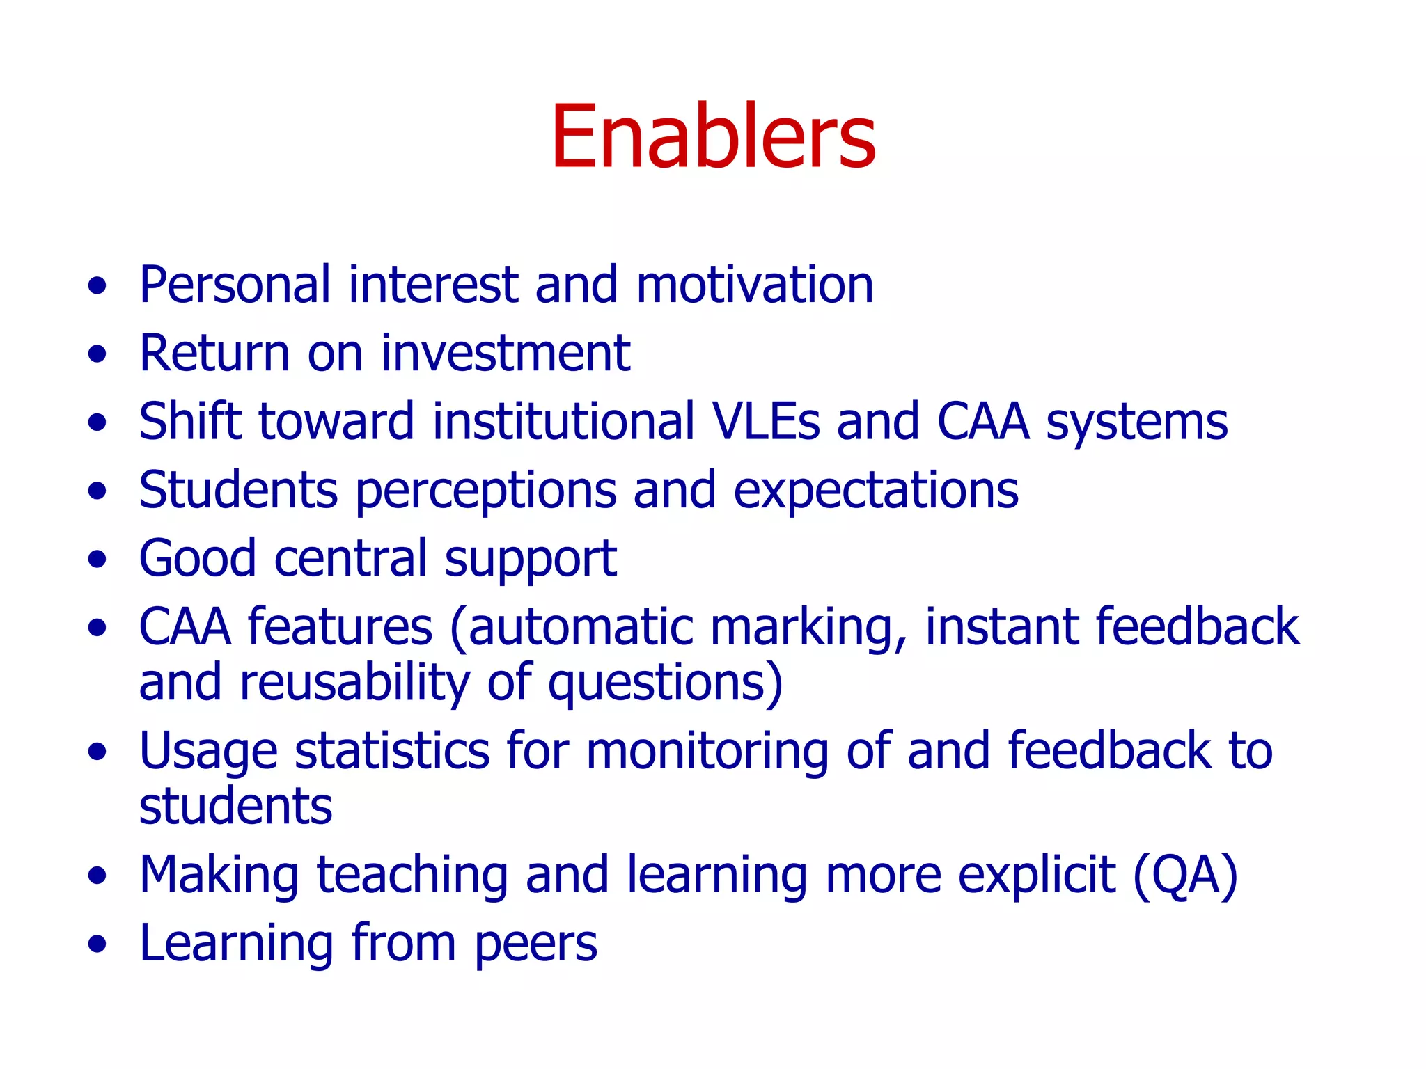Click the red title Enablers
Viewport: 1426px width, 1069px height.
713,137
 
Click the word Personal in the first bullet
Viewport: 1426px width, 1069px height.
235,285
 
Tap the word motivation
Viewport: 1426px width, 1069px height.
755,285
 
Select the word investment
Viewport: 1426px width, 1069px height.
506,354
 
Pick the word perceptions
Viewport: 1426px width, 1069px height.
486,491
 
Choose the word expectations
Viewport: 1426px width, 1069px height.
876,491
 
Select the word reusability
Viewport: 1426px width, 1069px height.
355,683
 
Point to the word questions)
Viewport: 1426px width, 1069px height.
666,683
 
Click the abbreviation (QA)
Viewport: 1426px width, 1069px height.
1186,875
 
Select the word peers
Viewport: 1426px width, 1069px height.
536,944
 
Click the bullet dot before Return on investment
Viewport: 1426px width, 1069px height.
97,354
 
